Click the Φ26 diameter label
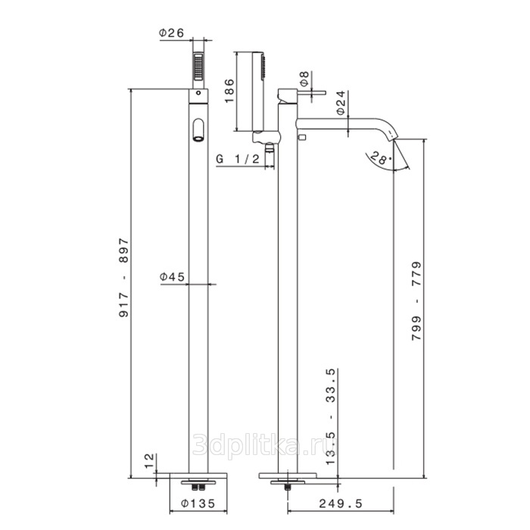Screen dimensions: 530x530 [171, 33]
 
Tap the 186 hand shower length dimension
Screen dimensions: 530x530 [229, 91]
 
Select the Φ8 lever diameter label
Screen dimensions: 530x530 [304, 79]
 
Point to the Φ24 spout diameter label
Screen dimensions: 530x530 [341, 103]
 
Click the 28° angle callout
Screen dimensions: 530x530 [381, 157]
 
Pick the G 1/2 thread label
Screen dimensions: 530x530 [238, 159]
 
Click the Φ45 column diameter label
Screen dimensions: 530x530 [173, 277]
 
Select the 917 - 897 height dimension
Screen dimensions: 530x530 [124, 278]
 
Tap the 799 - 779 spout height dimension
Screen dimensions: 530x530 [416, 301]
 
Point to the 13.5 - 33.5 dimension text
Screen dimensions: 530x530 [331, 416]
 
